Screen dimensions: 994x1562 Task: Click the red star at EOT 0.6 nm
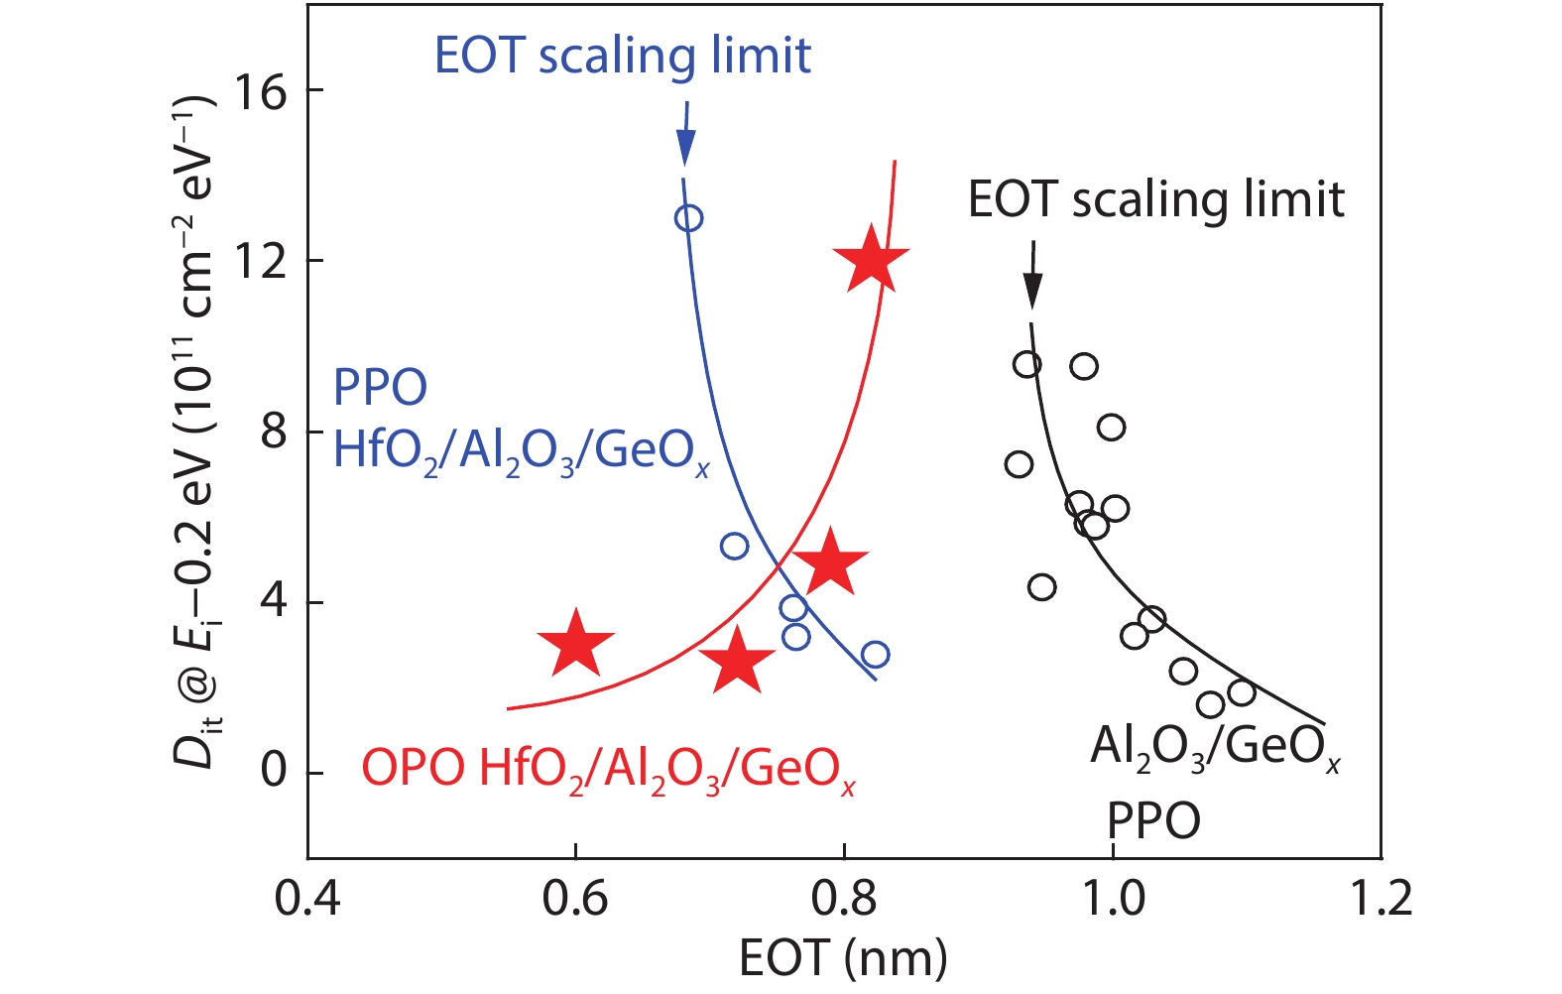[x=575, y=643]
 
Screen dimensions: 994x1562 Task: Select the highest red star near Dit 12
[x=871, y=260]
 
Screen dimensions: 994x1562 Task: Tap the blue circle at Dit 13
[x=688, y=218]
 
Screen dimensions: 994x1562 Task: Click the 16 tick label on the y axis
[x=259, y=91]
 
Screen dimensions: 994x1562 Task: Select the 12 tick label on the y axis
[x=259, y=262]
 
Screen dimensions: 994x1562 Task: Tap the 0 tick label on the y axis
[x=273, y=771]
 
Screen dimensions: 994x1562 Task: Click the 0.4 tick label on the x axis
[x=307, y=899]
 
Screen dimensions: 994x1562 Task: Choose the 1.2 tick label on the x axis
[x=1381, y=899]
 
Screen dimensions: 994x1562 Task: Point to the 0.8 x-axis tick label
[x=844, y=899]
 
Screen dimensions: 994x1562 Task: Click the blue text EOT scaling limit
[x=623, y=56]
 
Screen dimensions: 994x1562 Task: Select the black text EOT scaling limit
[x=1155, y=199]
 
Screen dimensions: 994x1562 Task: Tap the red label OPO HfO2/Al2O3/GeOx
[x=608, y=769]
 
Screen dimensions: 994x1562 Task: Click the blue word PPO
[x=380, y=387]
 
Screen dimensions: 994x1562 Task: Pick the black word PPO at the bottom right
[x=1153, y=821]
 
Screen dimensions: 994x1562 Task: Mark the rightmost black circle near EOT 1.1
[x=1241, y=692]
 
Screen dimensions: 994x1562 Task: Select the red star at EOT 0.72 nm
[x=736, y=661]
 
